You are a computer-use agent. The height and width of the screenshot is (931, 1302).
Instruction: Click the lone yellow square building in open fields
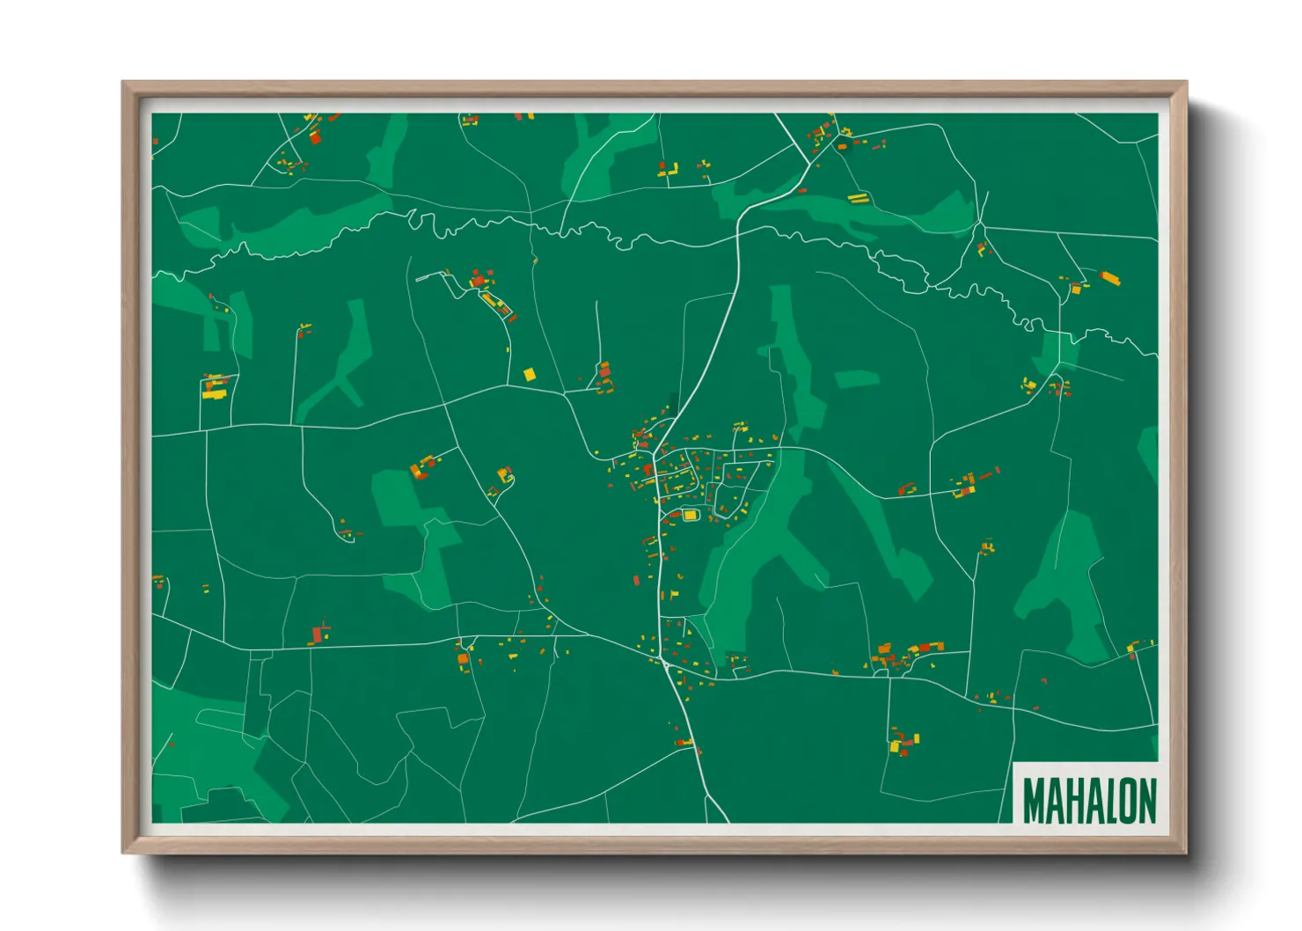[529, 375]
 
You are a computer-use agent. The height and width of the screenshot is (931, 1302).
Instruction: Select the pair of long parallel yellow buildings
[857, 197]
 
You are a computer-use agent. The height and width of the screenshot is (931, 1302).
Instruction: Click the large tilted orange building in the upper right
[1109, 278]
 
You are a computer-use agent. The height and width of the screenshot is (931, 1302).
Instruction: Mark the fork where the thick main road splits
[808, 165]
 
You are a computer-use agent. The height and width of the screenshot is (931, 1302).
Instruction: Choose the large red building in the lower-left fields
[317, 634]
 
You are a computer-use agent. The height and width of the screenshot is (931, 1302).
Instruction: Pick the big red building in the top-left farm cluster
[315, 137]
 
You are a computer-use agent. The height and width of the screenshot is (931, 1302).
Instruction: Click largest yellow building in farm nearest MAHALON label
[896, 747]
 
